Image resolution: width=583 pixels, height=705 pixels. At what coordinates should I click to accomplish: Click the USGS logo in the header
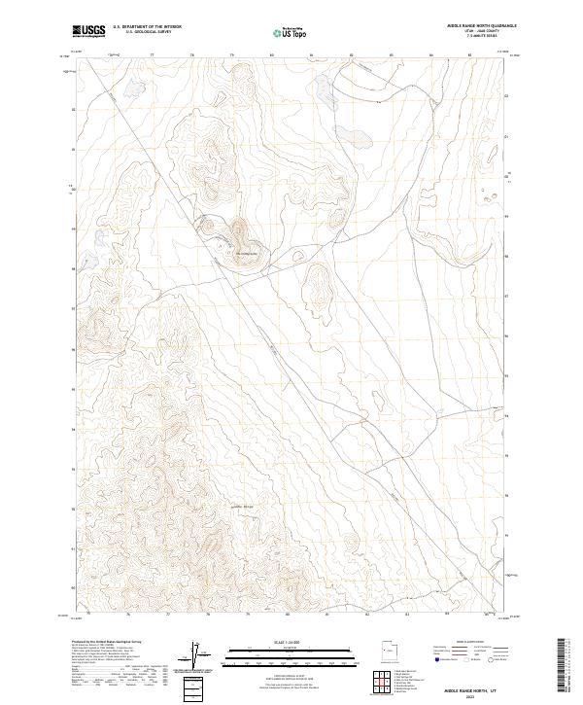coord(88,32)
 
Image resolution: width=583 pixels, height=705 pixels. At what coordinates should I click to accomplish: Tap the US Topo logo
coord(291,32)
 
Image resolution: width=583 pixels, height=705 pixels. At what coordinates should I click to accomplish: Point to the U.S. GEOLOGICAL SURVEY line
coord(143,32)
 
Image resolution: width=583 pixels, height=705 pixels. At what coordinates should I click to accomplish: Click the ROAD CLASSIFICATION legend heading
coord(458,643)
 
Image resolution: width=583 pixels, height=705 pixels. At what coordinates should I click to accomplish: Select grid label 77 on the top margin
coord(153,56)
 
